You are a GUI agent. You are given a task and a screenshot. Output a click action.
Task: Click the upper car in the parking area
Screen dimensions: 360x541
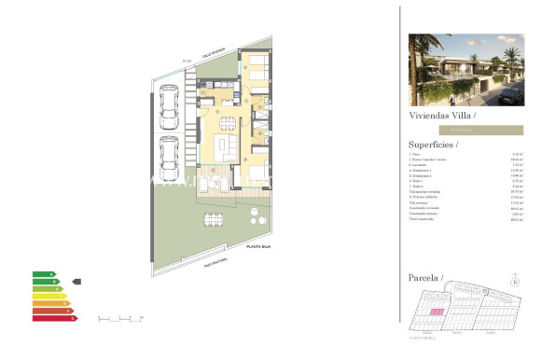coord(170,105)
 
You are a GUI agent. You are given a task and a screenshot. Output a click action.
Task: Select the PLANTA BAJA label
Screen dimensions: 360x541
coord(258,245)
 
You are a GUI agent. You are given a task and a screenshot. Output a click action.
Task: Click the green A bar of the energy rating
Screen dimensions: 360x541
coord(43,274)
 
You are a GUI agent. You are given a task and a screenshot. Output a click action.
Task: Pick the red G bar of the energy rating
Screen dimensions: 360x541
coord(54,318)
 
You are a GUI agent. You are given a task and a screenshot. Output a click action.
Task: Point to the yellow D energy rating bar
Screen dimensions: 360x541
coord(49,296)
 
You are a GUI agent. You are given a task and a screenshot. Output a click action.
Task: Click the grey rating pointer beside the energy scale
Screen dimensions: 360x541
coord(77,281)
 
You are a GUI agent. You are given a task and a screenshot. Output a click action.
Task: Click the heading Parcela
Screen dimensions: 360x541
coord(427,278)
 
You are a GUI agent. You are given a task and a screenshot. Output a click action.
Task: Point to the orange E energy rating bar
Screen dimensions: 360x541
coord(50,303)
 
